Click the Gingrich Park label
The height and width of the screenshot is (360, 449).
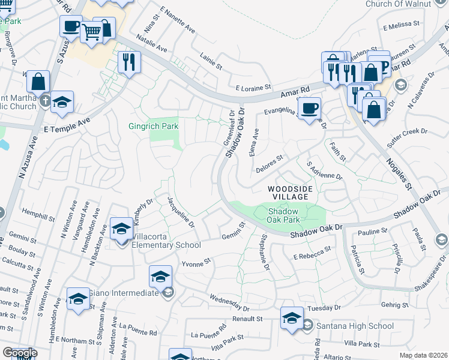click(153, 126)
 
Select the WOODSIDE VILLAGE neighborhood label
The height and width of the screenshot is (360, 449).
click(290, 193)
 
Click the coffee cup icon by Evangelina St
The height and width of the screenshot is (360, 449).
click(309, 109)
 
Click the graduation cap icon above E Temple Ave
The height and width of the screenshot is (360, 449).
click(62, 102)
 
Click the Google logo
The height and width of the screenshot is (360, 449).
click(19, 353)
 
